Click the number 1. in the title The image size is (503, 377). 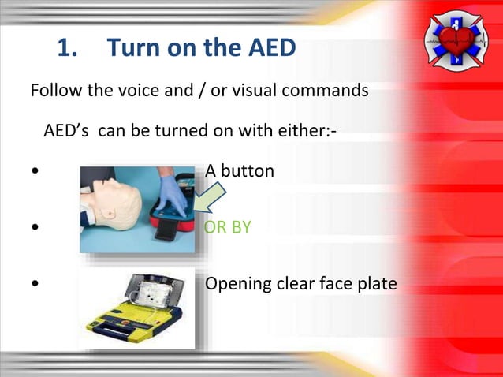[x=69, y=49]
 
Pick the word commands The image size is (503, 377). [x=330, y=90]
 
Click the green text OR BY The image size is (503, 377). [x=228, y=227]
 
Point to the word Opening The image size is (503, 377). [x=237, y=283]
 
